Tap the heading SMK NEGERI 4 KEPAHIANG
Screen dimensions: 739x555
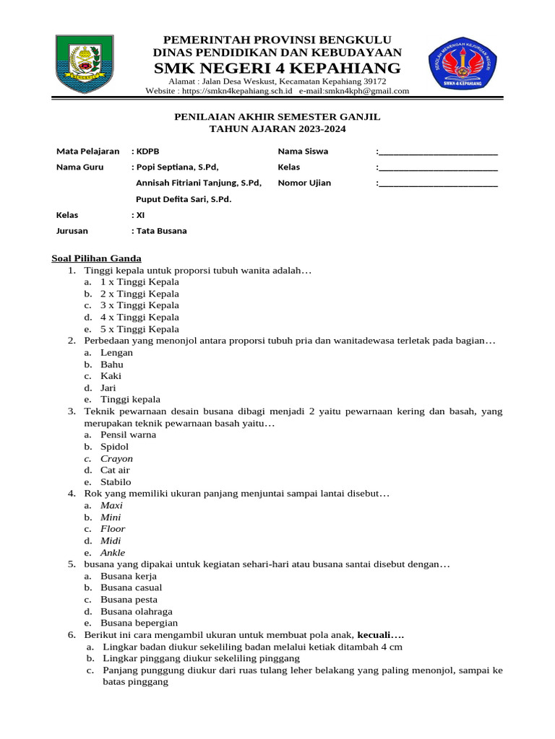(x=277, y=68)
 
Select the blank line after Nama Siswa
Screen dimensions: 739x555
(x=437, y=152)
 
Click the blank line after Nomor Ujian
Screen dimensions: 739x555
(x=437, y=183)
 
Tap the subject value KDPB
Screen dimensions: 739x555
(x=147, y=152)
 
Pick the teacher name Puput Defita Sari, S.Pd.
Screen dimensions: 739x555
(x=184, y=199)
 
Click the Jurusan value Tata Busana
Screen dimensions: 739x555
(x=161, y=231)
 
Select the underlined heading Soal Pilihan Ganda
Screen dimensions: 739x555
(x=96, y=258)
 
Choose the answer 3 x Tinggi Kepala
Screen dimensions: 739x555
(x=139, y=305)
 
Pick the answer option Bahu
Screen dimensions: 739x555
(x=112, y=364)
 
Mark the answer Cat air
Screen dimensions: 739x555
(x=115, y=470)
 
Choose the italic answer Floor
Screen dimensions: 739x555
(x=113, y=529)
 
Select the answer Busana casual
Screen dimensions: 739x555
(x=131, y=587)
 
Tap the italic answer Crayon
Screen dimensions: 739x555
(x=116, y=458)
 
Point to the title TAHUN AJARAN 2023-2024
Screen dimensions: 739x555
(x=277, y=129)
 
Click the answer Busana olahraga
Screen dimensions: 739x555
(x=137, y=611)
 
